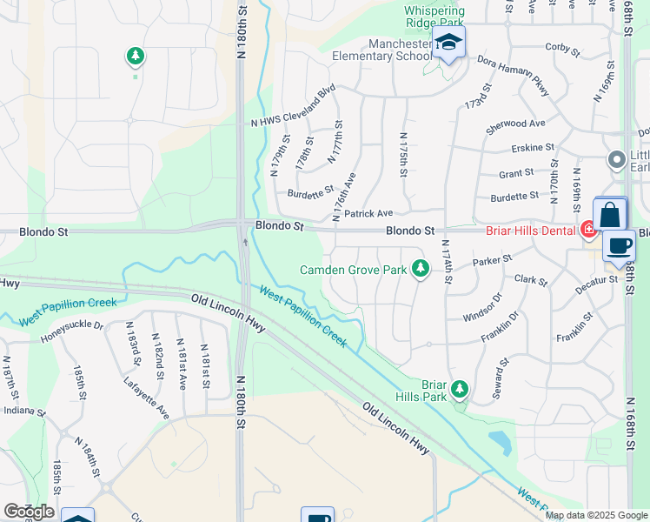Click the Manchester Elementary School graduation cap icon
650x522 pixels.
(448, 43)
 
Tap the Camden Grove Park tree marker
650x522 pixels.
(421, 269)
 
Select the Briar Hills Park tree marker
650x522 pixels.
(460, 389)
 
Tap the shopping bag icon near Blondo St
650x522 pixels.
(610, 215)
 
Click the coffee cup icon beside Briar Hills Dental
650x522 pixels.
(619, 245)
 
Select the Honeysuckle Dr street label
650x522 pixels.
(72, 331)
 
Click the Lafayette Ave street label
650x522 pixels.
(146, 396)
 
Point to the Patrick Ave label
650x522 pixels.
(368, 213)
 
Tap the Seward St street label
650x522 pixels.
(501, 377)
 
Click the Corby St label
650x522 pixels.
(562, 47)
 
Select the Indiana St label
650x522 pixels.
(23, 410)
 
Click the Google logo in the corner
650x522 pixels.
(28, 512)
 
